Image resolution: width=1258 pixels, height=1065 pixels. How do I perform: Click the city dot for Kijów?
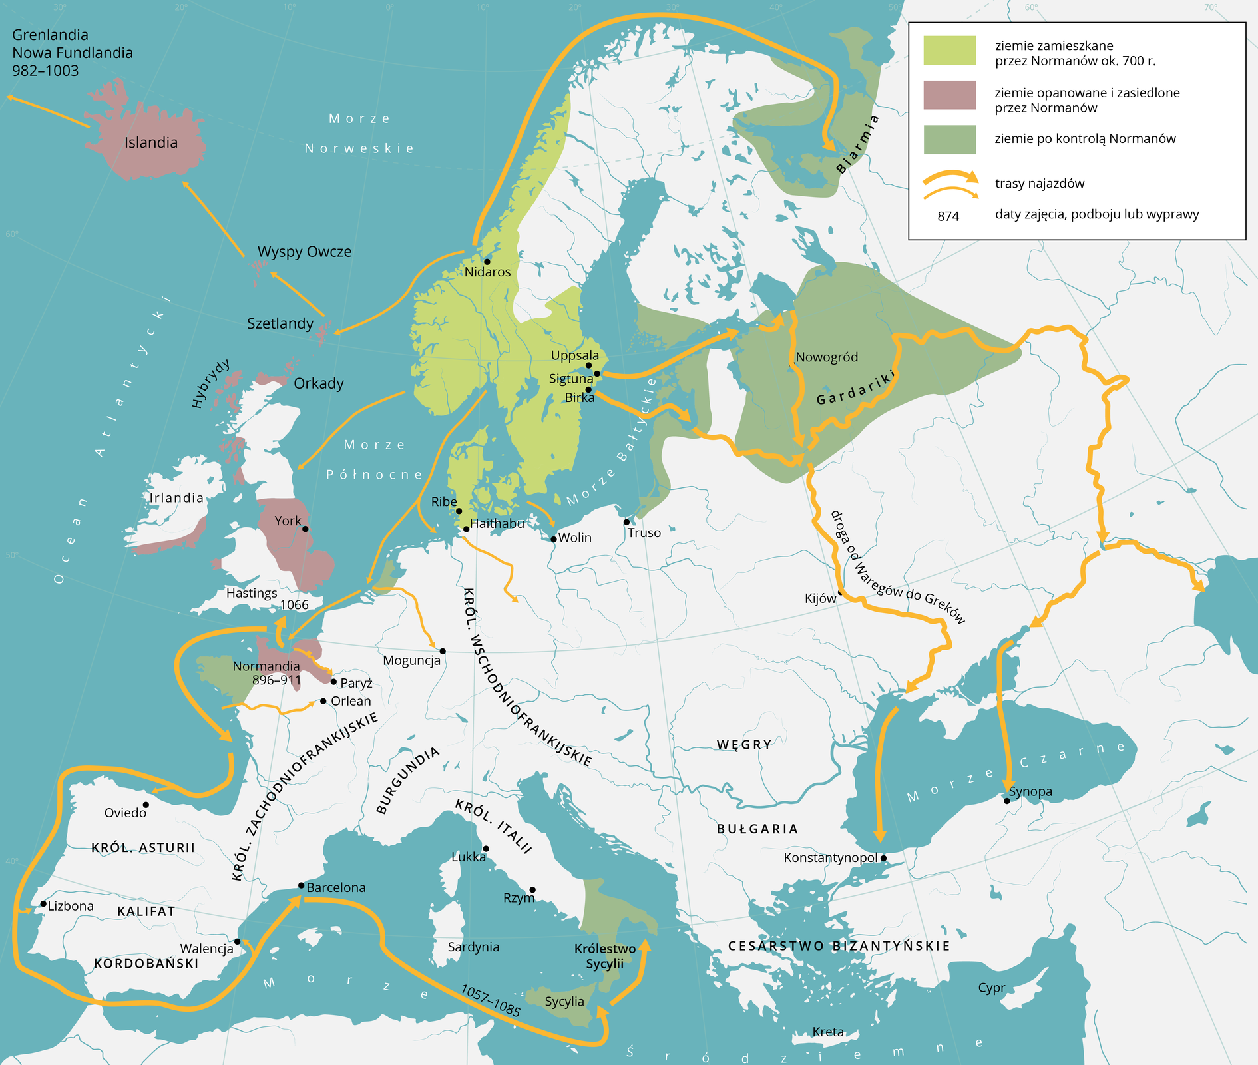(841, 592)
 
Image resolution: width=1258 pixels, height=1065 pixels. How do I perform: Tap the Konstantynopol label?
(830, 858)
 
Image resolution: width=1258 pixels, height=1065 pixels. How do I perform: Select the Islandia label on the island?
(151, 142)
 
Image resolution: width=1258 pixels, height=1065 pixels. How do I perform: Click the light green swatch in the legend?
(949, 51)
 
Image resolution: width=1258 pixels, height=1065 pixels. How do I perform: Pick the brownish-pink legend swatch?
(949, 95)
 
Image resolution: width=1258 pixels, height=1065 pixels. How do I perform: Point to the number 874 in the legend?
(948, 216)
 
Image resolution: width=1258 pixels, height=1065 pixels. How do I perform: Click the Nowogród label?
(827, 357)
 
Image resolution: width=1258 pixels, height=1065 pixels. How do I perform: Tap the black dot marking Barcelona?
(302, 885)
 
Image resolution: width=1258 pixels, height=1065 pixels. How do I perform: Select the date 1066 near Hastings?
(294, 604)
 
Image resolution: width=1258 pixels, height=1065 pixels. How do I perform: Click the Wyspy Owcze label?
(304, 252)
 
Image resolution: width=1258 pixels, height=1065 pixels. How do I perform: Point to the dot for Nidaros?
(487, 262)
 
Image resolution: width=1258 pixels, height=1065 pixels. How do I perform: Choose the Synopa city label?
(1030, 791)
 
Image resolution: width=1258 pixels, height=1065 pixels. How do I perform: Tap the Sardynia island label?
(473, 947)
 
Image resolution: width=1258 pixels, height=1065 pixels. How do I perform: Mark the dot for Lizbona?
(43, 904)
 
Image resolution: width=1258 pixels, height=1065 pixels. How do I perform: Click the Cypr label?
(991, 988)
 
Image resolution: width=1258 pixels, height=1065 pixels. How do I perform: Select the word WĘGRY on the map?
(744, 744)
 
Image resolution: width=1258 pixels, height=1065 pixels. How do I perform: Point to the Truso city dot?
(626, 522)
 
